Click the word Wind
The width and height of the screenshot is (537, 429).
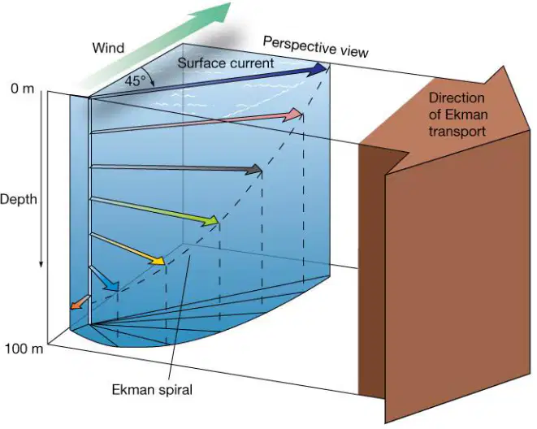coord(108,48)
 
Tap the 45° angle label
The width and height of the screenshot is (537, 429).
coord(136,81)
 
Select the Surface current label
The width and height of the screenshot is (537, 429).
coord(226,63)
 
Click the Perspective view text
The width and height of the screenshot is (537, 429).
coord(315,47)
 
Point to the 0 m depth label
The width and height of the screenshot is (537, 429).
coord(23,89)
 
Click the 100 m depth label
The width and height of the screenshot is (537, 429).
coord(24,349)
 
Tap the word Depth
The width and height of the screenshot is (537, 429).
coord(19,199)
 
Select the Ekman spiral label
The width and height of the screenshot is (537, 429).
coord(152,390)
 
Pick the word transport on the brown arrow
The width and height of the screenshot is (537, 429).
coord(457,131)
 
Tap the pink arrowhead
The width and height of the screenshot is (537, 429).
coord(293,115)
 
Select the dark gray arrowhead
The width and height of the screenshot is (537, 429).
coord(254,170)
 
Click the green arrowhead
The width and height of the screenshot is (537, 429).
coord(210,221)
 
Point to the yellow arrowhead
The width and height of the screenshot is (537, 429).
coord(157,260)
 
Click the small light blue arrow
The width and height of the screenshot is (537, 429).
coord(104,279)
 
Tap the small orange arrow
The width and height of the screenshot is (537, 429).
coord(80,303)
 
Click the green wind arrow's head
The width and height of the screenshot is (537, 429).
coord(213,11)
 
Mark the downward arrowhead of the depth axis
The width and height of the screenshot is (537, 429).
coord(41,263)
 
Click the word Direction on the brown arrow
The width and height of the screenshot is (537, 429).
coord(457,98)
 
